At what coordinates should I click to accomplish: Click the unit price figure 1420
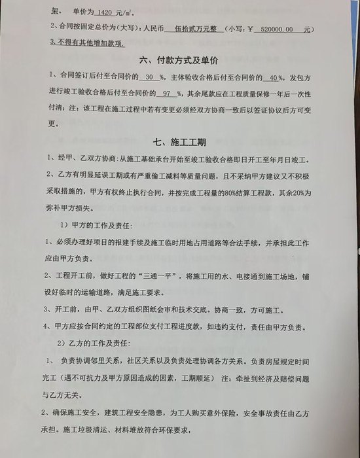click(104, 12)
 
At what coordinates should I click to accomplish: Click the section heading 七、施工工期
click(179, 141)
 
